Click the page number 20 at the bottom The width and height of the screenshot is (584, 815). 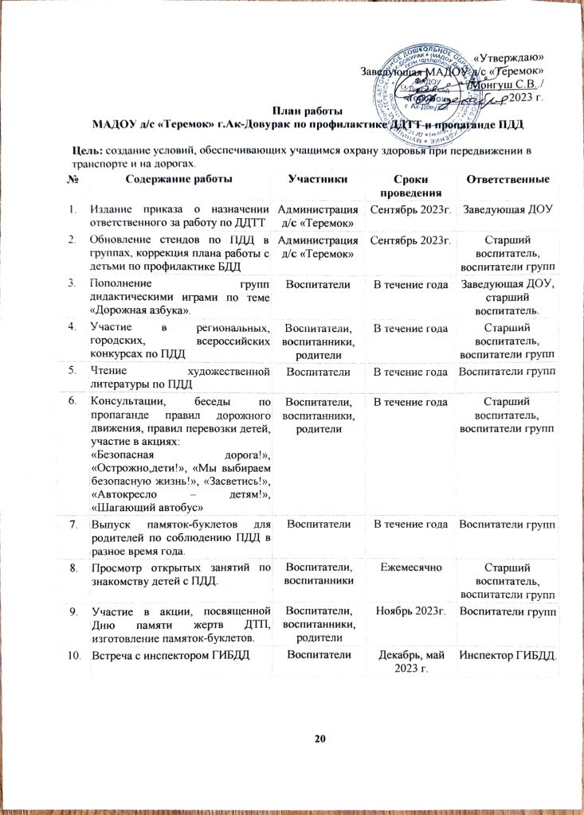[320, 739]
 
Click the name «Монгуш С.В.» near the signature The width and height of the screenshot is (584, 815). [508, 83]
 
